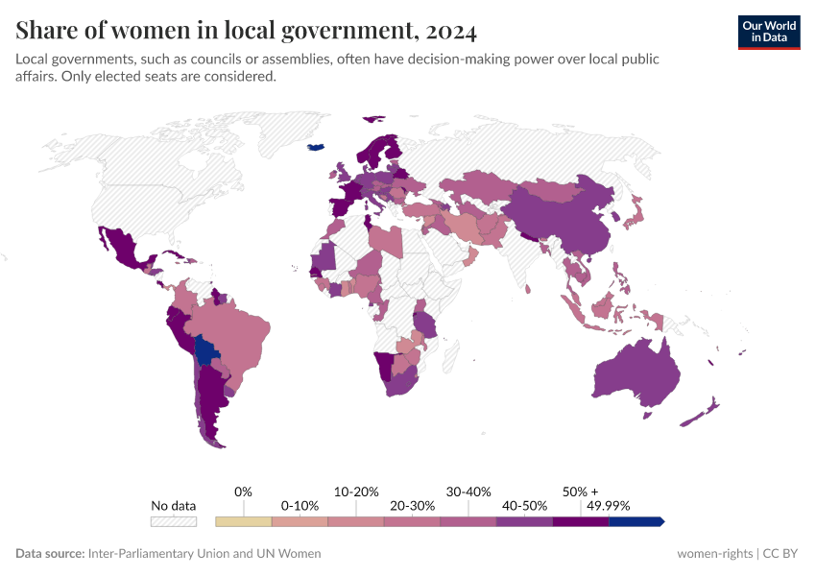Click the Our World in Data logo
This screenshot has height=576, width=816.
click(x=768, y=32)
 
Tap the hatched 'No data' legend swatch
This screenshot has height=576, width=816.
click(x=173, y=521)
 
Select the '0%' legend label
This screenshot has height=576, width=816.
click(x=243, y=492)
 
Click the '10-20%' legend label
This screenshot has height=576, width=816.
click(x=356, y=492)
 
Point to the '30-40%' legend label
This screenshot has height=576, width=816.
click(x=468, y=492)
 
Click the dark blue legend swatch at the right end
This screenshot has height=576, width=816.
click(x=636, y=521)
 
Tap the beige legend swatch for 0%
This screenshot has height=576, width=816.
click(x=244, y=521)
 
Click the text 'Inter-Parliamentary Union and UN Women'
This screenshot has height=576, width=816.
click(x=204, y=554)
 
